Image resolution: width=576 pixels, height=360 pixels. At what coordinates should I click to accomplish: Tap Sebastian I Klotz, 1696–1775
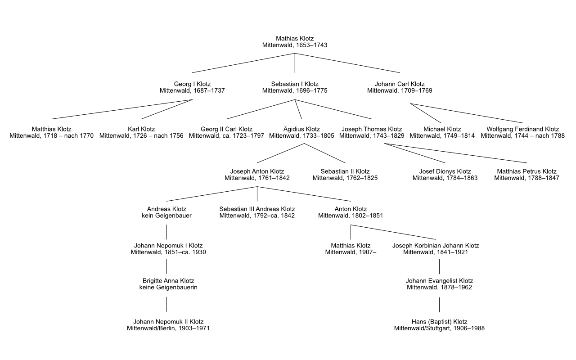[x=295, y=87]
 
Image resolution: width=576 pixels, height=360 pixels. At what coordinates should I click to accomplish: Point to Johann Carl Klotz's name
[x=400, y=84]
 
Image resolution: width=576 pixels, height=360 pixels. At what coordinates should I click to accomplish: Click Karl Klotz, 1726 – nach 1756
[x=141, y=132]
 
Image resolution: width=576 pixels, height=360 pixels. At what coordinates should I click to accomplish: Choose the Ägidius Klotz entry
[x=301, y=132]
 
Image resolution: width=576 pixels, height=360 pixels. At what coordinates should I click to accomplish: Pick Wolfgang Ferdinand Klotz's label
[x=522, y=129]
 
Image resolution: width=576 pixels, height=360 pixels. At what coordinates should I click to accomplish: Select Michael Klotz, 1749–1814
[x=442, y=132]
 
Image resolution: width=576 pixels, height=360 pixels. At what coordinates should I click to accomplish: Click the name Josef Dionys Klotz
[x=445, y=171]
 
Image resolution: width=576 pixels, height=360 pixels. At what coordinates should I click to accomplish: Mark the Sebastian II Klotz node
[x=345, y=175]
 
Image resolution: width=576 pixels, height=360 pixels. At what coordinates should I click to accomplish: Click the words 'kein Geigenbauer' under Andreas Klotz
[x=166, y=216]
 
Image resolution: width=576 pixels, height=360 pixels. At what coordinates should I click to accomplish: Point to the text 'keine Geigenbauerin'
[x=168, y=288]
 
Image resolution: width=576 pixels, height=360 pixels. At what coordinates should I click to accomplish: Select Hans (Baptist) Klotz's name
[x=439, y=322]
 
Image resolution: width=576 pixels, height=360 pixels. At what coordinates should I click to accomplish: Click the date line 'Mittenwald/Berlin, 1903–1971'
[x=168, y=328]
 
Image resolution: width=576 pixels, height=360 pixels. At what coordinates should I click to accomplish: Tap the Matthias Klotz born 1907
[x=351, y=249]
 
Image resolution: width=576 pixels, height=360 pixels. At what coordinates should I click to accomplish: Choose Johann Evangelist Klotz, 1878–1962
[x=439, y=284]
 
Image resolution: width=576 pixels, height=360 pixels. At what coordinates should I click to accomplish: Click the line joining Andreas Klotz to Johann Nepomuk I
[x=167, y=231]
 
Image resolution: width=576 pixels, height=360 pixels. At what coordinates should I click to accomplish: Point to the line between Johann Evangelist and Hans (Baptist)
[x=439, y=305]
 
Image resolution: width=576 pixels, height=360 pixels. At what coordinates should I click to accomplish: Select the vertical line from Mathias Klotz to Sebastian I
[x=295, y=63]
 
